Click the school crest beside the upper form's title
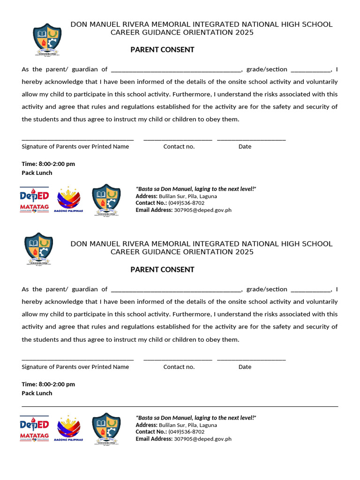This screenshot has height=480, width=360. coord(47,39)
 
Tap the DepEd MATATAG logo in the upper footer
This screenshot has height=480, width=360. coord(34,200)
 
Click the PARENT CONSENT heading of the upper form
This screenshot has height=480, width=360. coord(162,50)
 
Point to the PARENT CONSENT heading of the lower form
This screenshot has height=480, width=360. coord(162,270)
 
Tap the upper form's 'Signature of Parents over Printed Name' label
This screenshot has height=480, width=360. coord(75,147)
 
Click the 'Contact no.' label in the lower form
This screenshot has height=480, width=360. coord(179,367)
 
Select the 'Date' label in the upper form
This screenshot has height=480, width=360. coord(245,147)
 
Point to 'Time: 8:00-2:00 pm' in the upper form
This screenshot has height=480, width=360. coord(48,164)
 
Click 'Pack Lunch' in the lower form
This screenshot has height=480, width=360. coord(37,393)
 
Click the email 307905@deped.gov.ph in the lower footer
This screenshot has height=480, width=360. coord(202,439)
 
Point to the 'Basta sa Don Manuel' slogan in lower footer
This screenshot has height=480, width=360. coord(196,418)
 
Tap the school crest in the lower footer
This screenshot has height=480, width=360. coord(106,428)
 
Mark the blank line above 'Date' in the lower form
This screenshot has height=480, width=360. coord(251,360)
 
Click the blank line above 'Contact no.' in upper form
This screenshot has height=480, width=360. coord(178,139)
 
